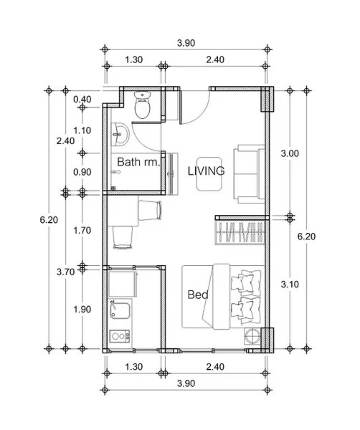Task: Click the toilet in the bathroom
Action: pyautogui.click(x=143, y=107)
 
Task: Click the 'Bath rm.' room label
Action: pyautogui.click(x=138, y=163)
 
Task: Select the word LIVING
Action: pyautogui.click(x=206, y=171)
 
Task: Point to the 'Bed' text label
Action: pyautogui.click(x=197, y=295)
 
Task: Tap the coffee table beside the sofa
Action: pyautogui.click(x=210, y=173)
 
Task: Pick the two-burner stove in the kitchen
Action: pyautogui.click(x=119, y=335)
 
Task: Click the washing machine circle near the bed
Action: pyautogui.click(x=252, y=338)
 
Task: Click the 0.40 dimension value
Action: pyautogui.click(x=82, y=99)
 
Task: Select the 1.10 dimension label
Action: pyautogui.click(x=82, y=130)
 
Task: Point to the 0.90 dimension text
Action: pyautogui.click(x=82, y=172)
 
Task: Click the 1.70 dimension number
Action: pyautogui.click(x=82, y=231)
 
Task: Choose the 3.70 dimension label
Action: pyautogui.click(x=65, y=272)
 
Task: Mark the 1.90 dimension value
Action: pyautogui.click(x=82, y=310)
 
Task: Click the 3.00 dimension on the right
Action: pyautogui.click(x=289, y=153)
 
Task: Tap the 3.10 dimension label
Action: pyautogui.click(x=289, y=284)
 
